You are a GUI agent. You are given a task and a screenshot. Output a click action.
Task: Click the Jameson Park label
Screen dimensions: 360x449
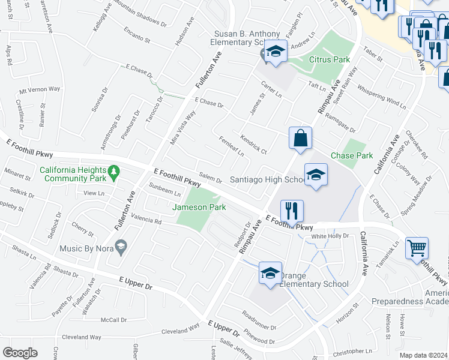199,207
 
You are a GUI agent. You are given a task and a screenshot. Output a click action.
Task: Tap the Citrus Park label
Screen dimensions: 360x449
329,59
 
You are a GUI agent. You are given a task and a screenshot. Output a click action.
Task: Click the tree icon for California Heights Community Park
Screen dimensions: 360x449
113,173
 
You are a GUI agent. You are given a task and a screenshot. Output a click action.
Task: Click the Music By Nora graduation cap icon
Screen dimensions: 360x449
122,247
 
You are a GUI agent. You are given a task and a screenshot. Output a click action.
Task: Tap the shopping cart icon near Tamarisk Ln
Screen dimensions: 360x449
417,247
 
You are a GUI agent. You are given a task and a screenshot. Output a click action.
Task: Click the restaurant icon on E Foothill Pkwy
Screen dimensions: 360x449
292,211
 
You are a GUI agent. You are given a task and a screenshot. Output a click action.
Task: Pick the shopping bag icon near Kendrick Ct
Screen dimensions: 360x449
300,138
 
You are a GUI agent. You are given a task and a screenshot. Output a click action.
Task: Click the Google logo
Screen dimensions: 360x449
20,352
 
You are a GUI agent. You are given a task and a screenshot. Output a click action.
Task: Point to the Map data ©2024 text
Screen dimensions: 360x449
423,355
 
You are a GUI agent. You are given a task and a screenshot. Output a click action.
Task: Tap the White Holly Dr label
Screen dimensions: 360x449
330,236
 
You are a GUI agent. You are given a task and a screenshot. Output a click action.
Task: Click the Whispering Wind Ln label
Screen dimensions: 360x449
381,94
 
